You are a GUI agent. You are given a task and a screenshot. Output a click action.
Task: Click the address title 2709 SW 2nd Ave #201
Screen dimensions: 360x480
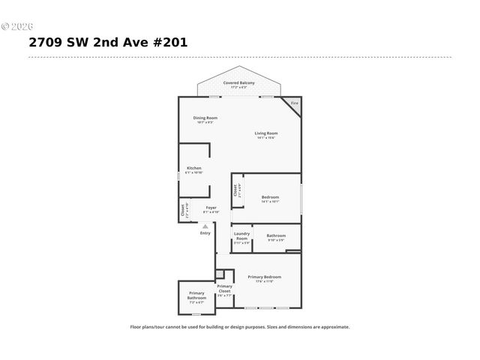[x=108, y=43]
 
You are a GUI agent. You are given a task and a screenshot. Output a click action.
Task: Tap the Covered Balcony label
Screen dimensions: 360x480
[x=238, y=82]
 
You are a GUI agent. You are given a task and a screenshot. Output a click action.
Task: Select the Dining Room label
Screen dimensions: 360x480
[x=205, y=117]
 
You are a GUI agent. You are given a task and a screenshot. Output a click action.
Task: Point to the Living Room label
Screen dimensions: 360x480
[x=266, y=133]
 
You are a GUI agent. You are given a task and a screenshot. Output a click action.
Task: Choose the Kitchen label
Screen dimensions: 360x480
[x=193, y=168]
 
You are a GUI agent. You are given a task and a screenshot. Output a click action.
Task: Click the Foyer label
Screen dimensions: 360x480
[x=211, y=207]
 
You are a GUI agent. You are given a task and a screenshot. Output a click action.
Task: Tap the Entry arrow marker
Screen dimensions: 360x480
[x=205, y=224]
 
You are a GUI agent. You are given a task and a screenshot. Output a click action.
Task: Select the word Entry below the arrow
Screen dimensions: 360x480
[x=205, y=232]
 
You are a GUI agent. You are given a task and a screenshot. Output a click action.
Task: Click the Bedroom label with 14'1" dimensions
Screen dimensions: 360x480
[x=270, y=197]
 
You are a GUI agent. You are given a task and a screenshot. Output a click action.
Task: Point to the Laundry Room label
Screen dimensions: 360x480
[x=241, y=235]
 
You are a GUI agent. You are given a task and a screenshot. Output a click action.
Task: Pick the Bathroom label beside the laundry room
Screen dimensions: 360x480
[x=276, y=235]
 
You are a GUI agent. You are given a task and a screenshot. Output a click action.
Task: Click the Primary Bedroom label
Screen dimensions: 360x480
[x=264, y=277]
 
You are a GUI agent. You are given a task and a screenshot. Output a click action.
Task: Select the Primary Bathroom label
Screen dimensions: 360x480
[x=196, y=295]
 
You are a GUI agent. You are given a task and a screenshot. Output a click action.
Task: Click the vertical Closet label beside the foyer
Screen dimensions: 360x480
[x=182, y=210]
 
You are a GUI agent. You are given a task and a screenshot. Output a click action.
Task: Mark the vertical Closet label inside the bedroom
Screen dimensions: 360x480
[x=235, y=190]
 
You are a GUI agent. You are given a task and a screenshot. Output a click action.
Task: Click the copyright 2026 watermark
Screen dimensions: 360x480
[x=16, y=26]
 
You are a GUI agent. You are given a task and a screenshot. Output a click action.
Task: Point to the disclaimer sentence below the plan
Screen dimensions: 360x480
[x=240, y=327]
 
